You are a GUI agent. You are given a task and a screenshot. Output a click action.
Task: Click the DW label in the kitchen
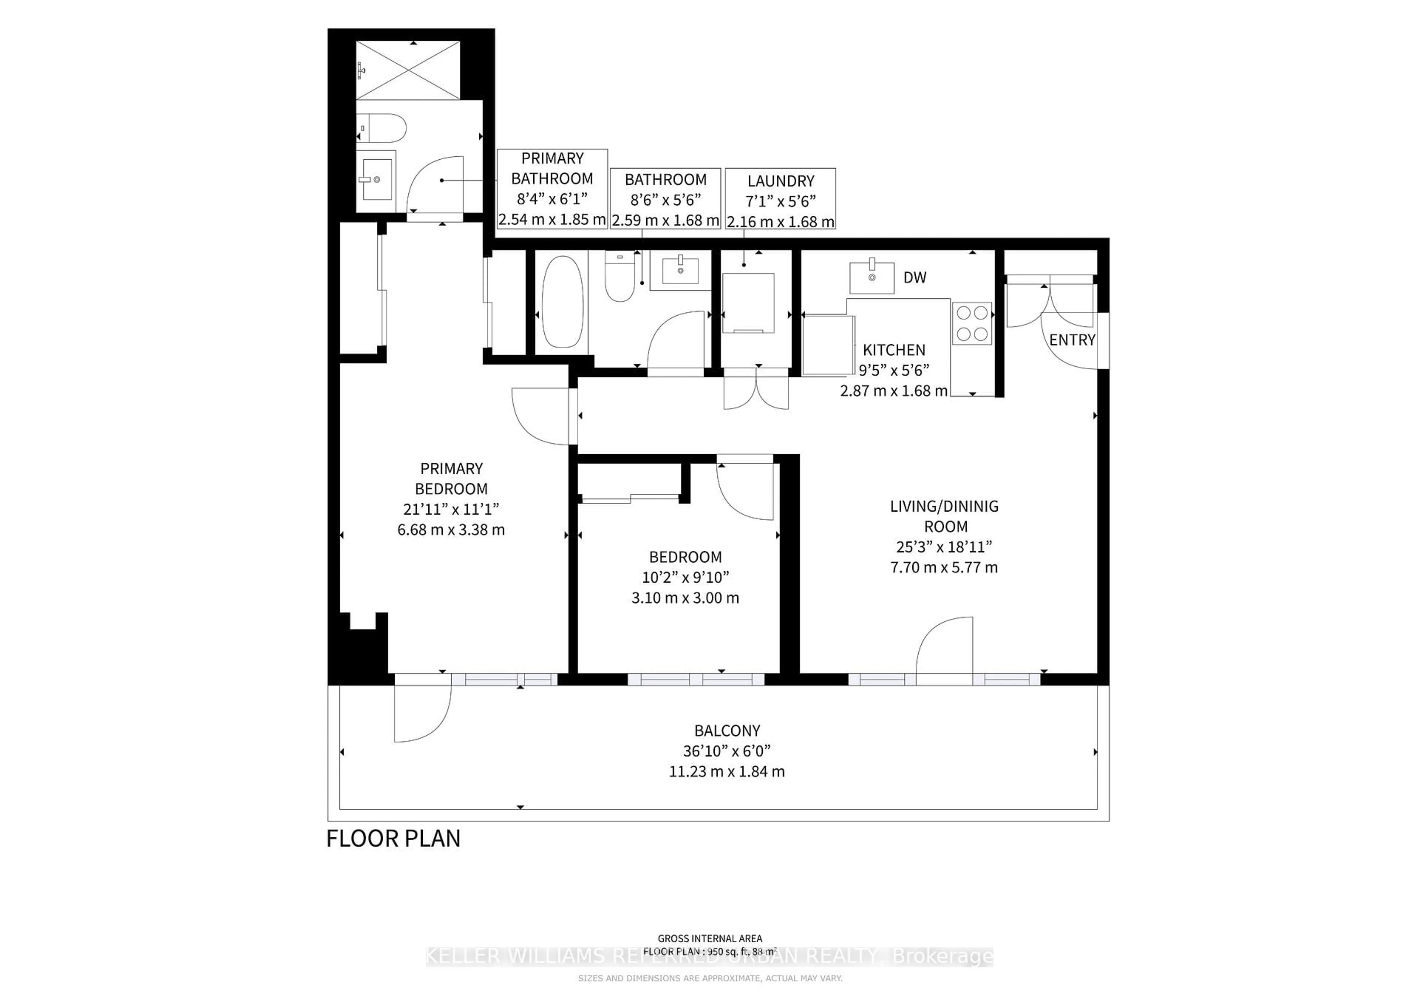[x=915, y=278]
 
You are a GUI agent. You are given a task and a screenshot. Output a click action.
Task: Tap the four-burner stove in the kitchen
[x=971, y=323]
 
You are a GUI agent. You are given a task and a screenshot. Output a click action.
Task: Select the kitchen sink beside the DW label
[x=871, y=278]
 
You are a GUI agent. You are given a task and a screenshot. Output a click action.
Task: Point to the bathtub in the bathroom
[x=562, y=302]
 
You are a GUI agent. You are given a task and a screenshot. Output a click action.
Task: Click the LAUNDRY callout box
[x=780, y=199]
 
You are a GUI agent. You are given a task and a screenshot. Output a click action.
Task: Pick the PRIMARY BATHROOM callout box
[x=552, y=189]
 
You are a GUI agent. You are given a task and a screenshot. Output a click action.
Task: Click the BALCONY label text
[x=727, y=731]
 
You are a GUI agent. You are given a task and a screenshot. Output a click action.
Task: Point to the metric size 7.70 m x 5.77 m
[x=944, y=567]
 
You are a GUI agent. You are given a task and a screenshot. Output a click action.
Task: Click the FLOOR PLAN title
[x=393, y=839]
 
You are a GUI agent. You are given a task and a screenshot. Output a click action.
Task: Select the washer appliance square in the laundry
[x=748, y=303]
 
